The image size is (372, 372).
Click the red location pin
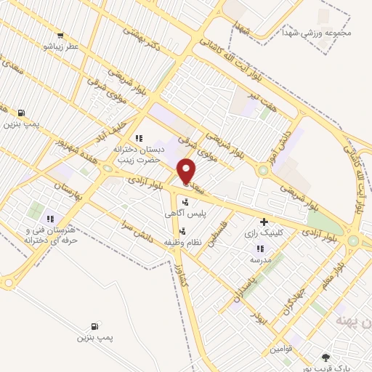pos(187,170)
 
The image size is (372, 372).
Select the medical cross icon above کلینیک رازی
pos(263,222)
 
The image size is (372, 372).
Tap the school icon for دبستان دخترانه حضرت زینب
pos(138,138)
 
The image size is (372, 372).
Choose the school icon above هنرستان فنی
pos(49,219)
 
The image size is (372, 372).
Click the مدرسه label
pos(260,259)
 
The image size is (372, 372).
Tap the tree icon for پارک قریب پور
pos(325,357)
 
